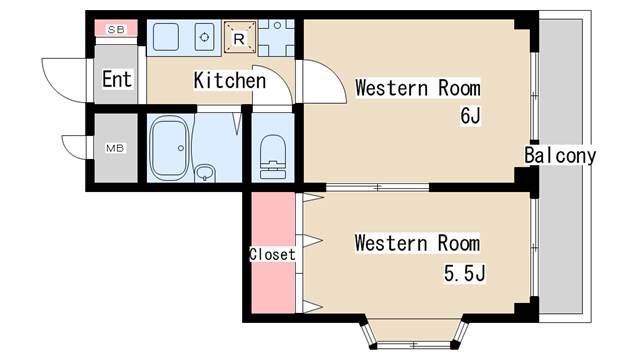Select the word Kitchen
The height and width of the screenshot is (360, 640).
[x=230, y=80]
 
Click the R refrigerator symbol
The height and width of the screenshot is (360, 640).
[x=239, y=39]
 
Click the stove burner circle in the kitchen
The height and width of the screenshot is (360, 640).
[x=205, y=37]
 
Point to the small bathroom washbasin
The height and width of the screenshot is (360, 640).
[x=206, y=173]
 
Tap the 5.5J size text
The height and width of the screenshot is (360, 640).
[x=465, y=272]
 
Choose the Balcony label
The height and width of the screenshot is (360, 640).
[x=560, y=156]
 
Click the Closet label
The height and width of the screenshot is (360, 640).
[x=272, y=254]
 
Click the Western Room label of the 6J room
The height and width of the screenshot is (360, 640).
[x=417, y=88]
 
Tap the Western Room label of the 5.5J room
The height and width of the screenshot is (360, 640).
[x=417, y=243]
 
